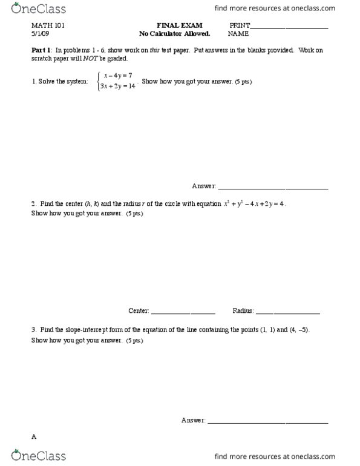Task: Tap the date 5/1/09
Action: point(40,34)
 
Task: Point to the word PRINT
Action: point(240,26)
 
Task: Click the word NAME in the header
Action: point(238,34)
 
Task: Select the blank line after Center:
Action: point(183,312)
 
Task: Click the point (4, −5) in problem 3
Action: point(299,330)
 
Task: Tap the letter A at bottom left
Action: point(34,436)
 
